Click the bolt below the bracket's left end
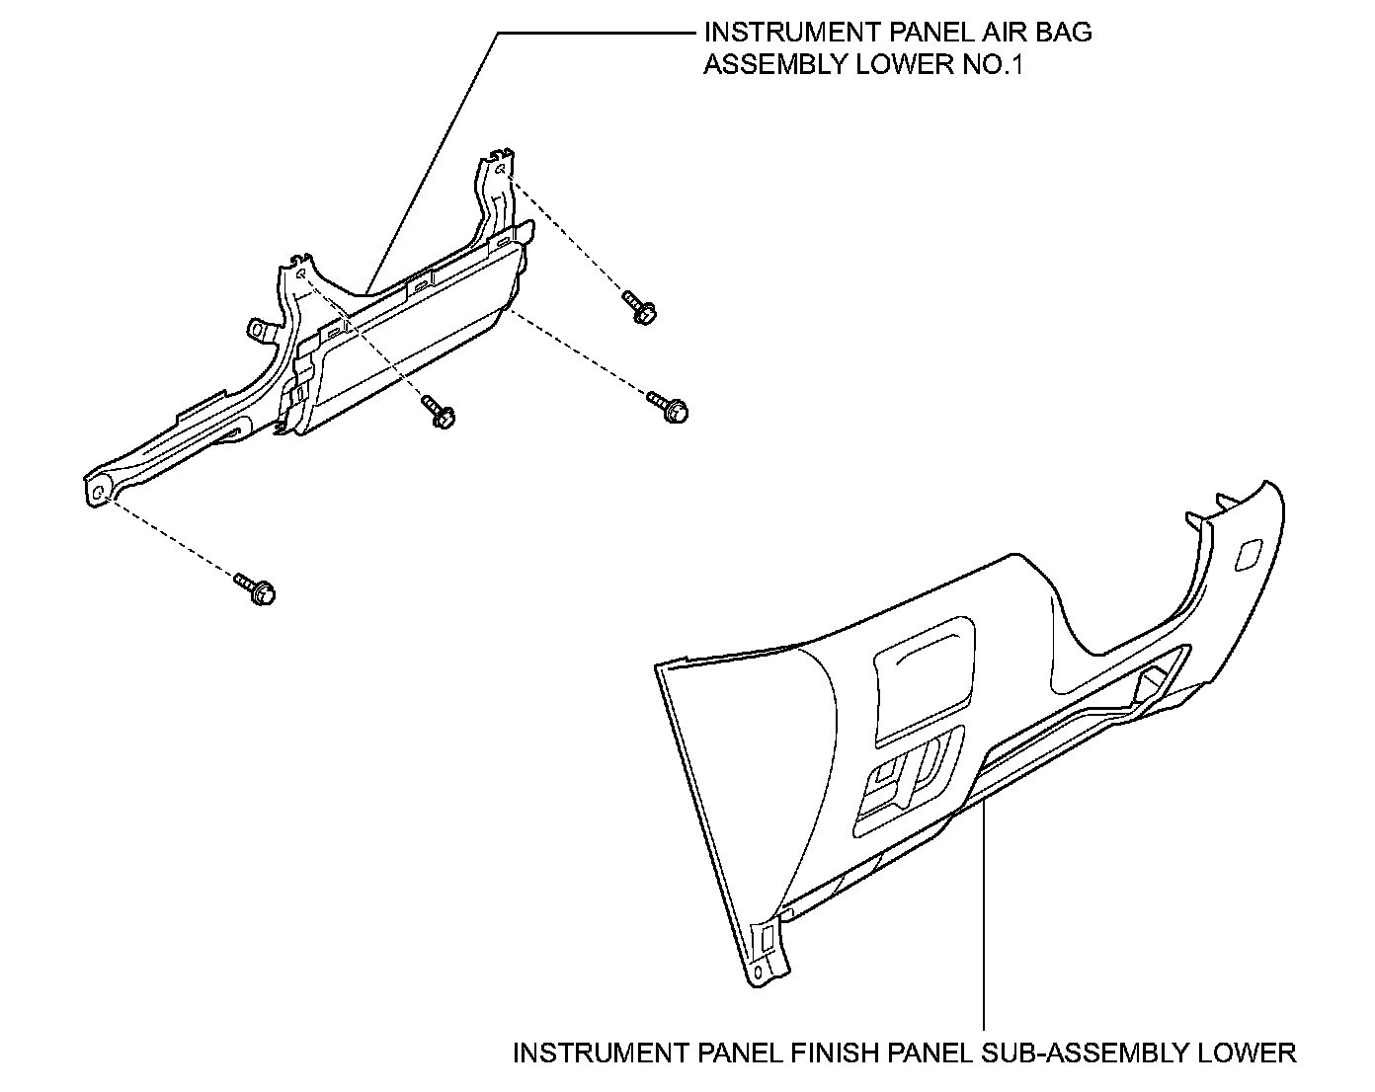[257, 589]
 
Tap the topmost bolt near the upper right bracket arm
[639, 306]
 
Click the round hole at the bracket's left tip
[99, 490]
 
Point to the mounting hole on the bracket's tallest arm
[502, 171]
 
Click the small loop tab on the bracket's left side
[259, 328]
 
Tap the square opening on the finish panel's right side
[1248, 554]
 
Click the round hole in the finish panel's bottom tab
[758, 973]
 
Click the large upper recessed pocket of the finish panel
[923, 677]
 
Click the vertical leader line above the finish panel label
[985, 918]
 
